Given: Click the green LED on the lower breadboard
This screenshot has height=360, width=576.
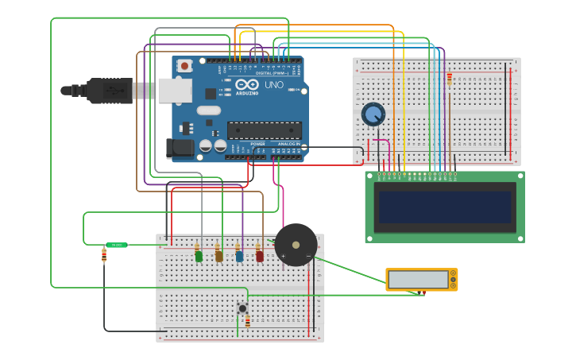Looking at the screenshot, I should pyautogui.click(x=199, y=255).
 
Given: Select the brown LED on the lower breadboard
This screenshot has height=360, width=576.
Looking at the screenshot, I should pyautogui.click(x=218, y=255).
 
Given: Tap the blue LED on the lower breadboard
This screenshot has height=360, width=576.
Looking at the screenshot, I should pyautogui.click(x=239, y=255).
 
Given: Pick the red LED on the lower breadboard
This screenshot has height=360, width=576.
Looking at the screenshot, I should pyautogui.click(x=259, y=255).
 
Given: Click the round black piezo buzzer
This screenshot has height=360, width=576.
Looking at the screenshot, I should pyautogui.click(x=296, y=245).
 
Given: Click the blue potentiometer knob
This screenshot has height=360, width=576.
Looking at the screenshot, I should pyautogui.click(x=373, y=114).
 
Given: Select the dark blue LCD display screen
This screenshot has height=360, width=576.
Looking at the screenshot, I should pyautogui.click(x=445, y=207).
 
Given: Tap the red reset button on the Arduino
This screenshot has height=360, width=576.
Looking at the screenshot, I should pyautogui.click(x=184, y=66).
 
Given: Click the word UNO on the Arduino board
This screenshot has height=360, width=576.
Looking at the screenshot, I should pyautogui.click(x=273, y=85).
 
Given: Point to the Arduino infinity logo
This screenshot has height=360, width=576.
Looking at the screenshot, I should pyautogui.click(x=246, y=85).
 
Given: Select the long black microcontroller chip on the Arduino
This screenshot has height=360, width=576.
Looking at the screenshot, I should pyautogui.click(x=264, y=130).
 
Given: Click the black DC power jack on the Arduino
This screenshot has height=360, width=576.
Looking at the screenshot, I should pyautogui.click(x=180, y=147).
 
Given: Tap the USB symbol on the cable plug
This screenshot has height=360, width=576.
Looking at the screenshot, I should pyautogui.click(x=116, y=91).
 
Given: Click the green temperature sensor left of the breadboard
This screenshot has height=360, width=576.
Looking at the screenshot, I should pyautogui.click(x=117, y=245).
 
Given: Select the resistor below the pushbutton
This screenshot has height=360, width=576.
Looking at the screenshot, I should pyautogui.click(x=247, y=321).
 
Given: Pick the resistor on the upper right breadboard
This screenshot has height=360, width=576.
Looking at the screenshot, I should pyautogui.click(x=450, y=79).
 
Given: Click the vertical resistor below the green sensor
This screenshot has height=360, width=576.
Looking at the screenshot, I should pyautogui.click(x=104, y=255).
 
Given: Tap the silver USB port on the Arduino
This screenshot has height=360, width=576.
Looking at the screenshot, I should pyautogui.click(x=175, y=91).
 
